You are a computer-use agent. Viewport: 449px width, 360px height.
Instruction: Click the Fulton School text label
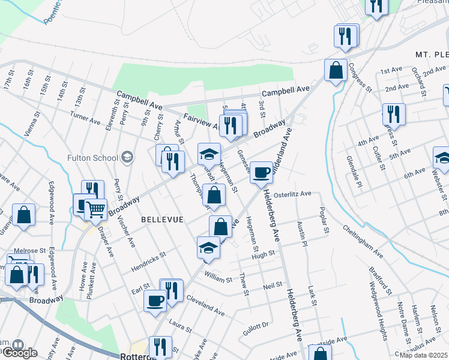pos(92,158)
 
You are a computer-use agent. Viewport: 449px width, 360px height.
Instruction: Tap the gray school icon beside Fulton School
pos(127,158)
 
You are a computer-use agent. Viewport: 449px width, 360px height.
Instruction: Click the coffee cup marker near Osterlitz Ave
pos(261,173)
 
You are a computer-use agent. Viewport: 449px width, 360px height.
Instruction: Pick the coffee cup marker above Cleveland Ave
pos(155,300)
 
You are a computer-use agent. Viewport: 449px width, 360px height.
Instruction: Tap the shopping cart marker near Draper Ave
pos(95,210)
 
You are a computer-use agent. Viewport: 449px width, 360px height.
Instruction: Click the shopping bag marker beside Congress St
pos(336,70)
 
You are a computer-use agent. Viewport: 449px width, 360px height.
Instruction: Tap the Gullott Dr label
pos(256,326)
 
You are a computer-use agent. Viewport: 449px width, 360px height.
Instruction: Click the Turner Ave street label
pos(85,116)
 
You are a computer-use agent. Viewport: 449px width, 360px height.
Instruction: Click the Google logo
pos(19,352)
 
